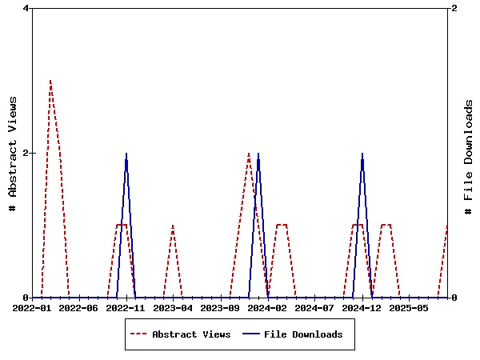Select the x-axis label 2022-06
(x=79, y=308)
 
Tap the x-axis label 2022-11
(x=126, y=308)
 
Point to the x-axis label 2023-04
(x=174, y=308)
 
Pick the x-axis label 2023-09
(x=221, y=308)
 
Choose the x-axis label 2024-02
(x=268, y=308)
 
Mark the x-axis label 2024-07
(x=315, y=308)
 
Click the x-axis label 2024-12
(x=362, y=308)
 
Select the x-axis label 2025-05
(x=410, y=308)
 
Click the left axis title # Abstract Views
(x=12, y=153)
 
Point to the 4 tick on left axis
(x=26, y=8)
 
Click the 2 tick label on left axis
(x=26, y=153)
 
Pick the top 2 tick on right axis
(x=454, y=8)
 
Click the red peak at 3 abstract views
(x=50, y=80)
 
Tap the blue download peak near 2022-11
(x=126, y=154)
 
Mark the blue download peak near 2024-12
(x=362, y=154)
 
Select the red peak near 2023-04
(x=173, y=226)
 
